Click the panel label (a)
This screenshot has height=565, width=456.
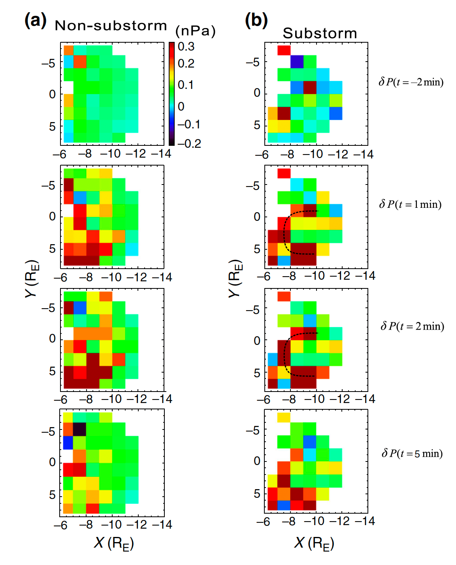[x=35, y=20]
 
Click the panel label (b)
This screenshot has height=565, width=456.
[x=256, y=20]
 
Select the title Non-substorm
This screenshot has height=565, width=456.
[x=111, y=26]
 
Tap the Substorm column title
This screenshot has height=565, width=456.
[x=320, y=34]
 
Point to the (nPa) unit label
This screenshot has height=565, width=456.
[x=195, y=31]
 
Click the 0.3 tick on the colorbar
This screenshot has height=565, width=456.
[x=186, y=47]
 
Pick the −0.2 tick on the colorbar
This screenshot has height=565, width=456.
[x=189, y=143]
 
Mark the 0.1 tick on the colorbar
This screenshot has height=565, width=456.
[x=186, y=85]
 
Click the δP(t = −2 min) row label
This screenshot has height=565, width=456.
[x=411, y=82]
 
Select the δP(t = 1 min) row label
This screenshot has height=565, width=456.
[x=410, y=204]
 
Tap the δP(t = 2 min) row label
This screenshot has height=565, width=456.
[x=412, y=326]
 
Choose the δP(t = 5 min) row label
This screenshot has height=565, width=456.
[x=412, y=453]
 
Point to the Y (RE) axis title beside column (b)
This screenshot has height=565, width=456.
[x=235, y=278]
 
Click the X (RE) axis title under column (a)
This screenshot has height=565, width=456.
[x=114, y=543]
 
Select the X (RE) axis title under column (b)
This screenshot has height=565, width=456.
[x=314, y=543]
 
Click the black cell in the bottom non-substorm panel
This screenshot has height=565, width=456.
[x=79, y=429]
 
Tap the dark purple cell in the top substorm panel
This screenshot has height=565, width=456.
[x=297, y=62]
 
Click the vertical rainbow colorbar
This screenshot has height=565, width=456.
[x=171, y=94]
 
